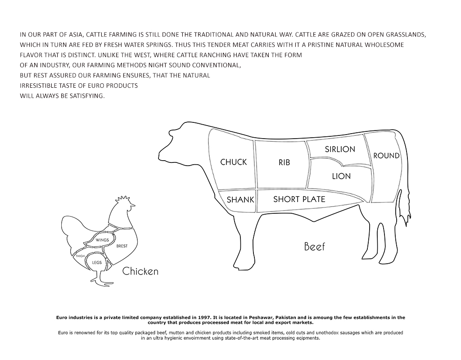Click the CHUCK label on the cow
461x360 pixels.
point(234,162)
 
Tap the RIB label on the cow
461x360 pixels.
point(285,162)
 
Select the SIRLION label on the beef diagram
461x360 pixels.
point(340,149)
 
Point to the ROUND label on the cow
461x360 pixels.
point(386,155)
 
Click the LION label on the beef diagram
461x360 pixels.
point(341,176)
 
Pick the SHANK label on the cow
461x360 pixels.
point(240,200)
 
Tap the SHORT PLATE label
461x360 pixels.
point(299,199)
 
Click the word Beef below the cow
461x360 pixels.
point(314,246)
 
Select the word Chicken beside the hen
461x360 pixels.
point(140,271)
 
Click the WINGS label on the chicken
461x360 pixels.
point(102,240)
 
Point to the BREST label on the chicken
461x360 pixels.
point(122,246)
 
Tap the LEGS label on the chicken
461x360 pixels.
point(97,262)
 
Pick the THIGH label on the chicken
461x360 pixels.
point(80,256)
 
